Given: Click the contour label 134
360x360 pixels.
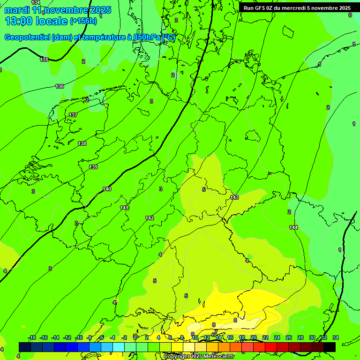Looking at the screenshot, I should [x=36, y=3].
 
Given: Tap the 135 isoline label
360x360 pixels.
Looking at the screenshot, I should [x=44, y=60].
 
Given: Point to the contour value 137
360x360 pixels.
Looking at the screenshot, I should [x=73, y=115].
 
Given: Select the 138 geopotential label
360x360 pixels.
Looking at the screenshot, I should [x=82, y=143].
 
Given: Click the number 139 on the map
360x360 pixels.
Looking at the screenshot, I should [x=93, y=167].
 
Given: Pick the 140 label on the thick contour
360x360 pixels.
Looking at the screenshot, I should [x=107, y=189].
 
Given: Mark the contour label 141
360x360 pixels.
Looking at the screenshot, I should [x=124, y=208].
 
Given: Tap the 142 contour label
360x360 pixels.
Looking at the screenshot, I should [x=150, y=218].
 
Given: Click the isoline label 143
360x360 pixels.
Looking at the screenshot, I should [x=234, y=197].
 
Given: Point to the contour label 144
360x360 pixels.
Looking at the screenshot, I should [x=293, y=227].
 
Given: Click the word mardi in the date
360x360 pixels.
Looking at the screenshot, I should [x=17, y=10].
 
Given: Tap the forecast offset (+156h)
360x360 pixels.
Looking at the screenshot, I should [x=83, y=21].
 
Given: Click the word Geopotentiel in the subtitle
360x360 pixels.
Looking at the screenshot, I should [x=28, y=37].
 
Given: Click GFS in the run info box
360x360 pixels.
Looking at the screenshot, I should [x=262, y=8].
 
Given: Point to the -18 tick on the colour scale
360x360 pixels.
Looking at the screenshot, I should [x=32, y=337].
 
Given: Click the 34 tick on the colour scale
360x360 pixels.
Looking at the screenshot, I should [x=336, y=337].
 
